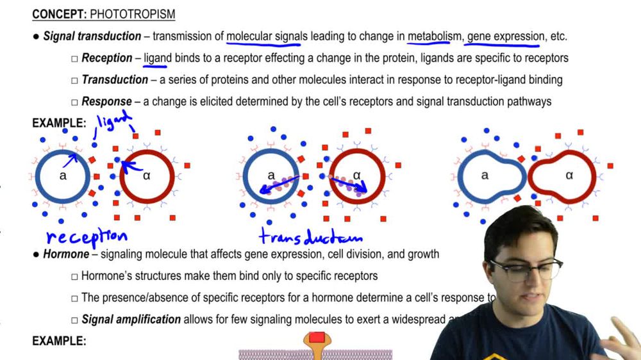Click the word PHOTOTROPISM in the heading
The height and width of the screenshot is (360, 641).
pos(133,14)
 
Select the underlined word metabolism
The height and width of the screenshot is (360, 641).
pos(434,37)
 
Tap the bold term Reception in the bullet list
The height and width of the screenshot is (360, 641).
pos(106,58)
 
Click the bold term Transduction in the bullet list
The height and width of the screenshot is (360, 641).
pos(115,80)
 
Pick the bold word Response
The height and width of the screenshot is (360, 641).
pos(106,101)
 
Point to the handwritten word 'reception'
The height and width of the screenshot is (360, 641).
pos(86,236)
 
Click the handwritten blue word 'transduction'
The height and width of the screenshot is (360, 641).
pos(310,236)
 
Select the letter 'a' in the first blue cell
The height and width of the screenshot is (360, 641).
pos(63,176)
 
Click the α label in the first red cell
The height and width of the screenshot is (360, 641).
pos(147,176)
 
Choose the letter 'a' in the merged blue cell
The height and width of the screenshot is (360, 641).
pos(485,176)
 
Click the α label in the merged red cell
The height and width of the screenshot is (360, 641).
pos(569,176)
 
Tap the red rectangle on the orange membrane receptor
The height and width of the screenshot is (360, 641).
pos(317,338)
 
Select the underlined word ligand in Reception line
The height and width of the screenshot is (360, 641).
pos(158,58)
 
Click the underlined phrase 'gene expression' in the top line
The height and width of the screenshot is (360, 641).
pos(505,37)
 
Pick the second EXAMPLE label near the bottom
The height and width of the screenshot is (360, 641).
pos(59,341)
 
